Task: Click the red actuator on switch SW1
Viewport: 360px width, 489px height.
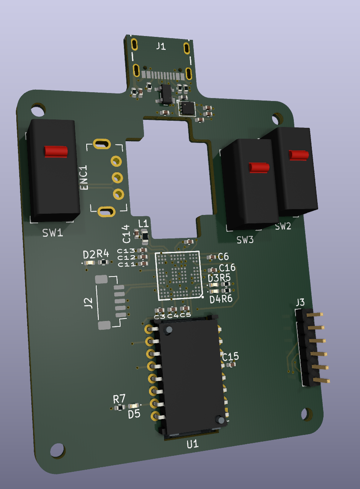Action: (x=56, y=151)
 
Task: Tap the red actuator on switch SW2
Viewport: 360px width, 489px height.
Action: (x=299, y=155)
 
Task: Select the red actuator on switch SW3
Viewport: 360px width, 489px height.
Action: (x=259, y=168)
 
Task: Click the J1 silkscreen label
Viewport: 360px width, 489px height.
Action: (x=161, y=47)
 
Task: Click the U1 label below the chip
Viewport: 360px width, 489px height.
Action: (x=193, y=444)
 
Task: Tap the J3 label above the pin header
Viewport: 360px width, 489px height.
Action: (x=300, y=302)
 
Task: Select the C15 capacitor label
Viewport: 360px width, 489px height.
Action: (x=231, y=356)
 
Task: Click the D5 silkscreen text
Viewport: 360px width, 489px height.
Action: (x=134, y=414)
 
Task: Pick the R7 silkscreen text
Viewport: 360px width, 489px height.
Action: (x=119, y=398)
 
